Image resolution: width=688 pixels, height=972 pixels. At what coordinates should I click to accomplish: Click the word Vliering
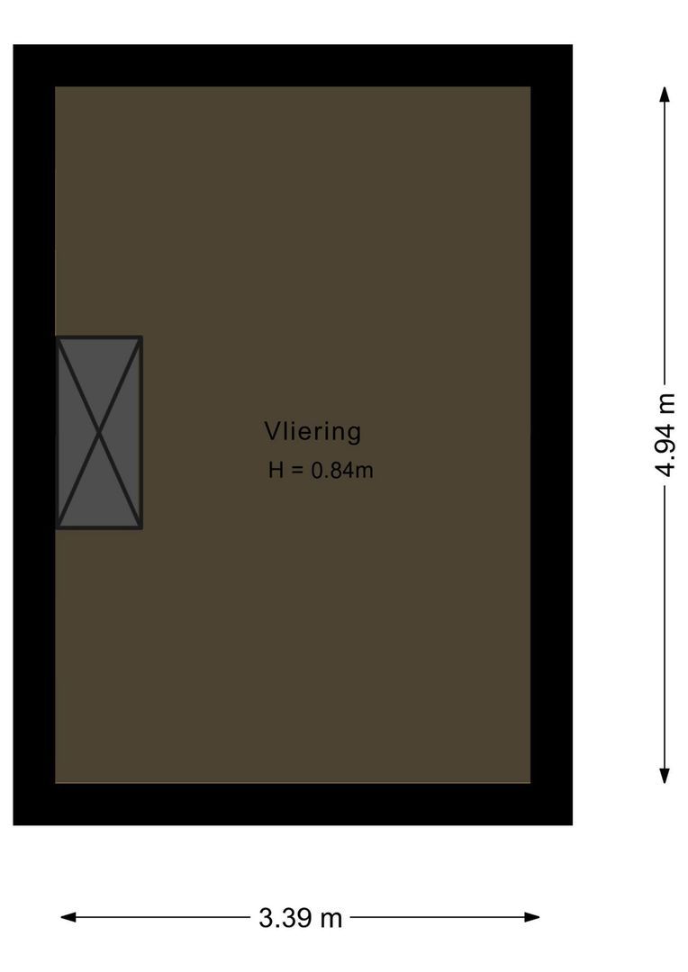312,431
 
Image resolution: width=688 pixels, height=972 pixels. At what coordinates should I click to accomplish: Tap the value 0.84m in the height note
342,471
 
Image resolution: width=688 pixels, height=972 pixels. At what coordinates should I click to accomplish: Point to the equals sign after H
297,471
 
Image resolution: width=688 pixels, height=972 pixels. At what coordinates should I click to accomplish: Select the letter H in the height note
276,471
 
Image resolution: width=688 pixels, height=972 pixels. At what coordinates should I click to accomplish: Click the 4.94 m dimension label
665,435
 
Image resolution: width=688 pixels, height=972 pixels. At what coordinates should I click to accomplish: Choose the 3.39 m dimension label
300,917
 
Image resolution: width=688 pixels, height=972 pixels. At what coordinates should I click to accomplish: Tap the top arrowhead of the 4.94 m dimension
665,94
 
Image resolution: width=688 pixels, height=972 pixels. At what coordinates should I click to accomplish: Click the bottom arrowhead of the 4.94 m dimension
665,776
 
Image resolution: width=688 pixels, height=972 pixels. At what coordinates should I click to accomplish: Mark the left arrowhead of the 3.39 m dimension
68,917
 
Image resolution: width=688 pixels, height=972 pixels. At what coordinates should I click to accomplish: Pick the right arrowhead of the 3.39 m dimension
531,917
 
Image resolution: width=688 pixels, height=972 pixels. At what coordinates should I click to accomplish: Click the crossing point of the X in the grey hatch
99,433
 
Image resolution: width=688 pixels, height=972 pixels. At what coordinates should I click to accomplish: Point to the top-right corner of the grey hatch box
142,337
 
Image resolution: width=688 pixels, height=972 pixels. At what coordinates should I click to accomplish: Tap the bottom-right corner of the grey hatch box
142,529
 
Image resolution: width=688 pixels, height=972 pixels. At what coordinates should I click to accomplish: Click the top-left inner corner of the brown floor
55,86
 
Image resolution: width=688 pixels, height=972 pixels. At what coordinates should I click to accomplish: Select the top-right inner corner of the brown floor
530,86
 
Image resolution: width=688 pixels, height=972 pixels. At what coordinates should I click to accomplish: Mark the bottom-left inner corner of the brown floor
55,783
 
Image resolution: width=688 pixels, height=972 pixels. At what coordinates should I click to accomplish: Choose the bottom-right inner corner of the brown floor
530,783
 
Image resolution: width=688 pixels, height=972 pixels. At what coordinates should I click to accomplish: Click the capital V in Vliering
272,431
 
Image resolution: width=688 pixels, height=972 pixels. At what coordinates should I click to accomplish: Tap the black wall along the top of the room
293,66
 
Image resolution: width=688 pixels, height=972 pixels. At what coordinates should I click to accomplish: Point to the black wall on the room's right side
551,435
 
